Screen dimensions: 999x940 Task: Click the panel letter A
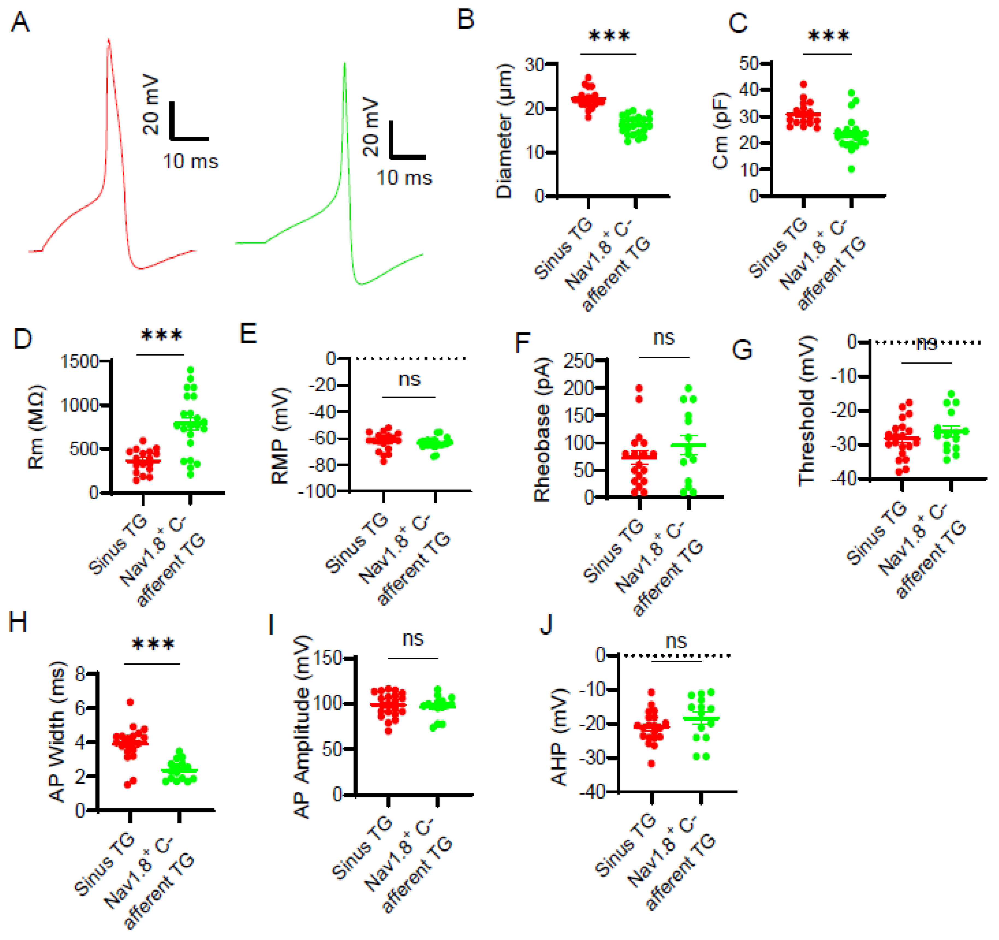[20, 22]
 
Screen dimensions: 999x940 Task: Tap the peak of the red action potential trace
[108, 39]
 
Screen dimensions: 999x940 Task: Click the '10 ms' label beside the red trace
[190, 162]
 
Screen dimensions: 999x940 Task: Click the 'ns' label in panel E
[409, 379]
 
